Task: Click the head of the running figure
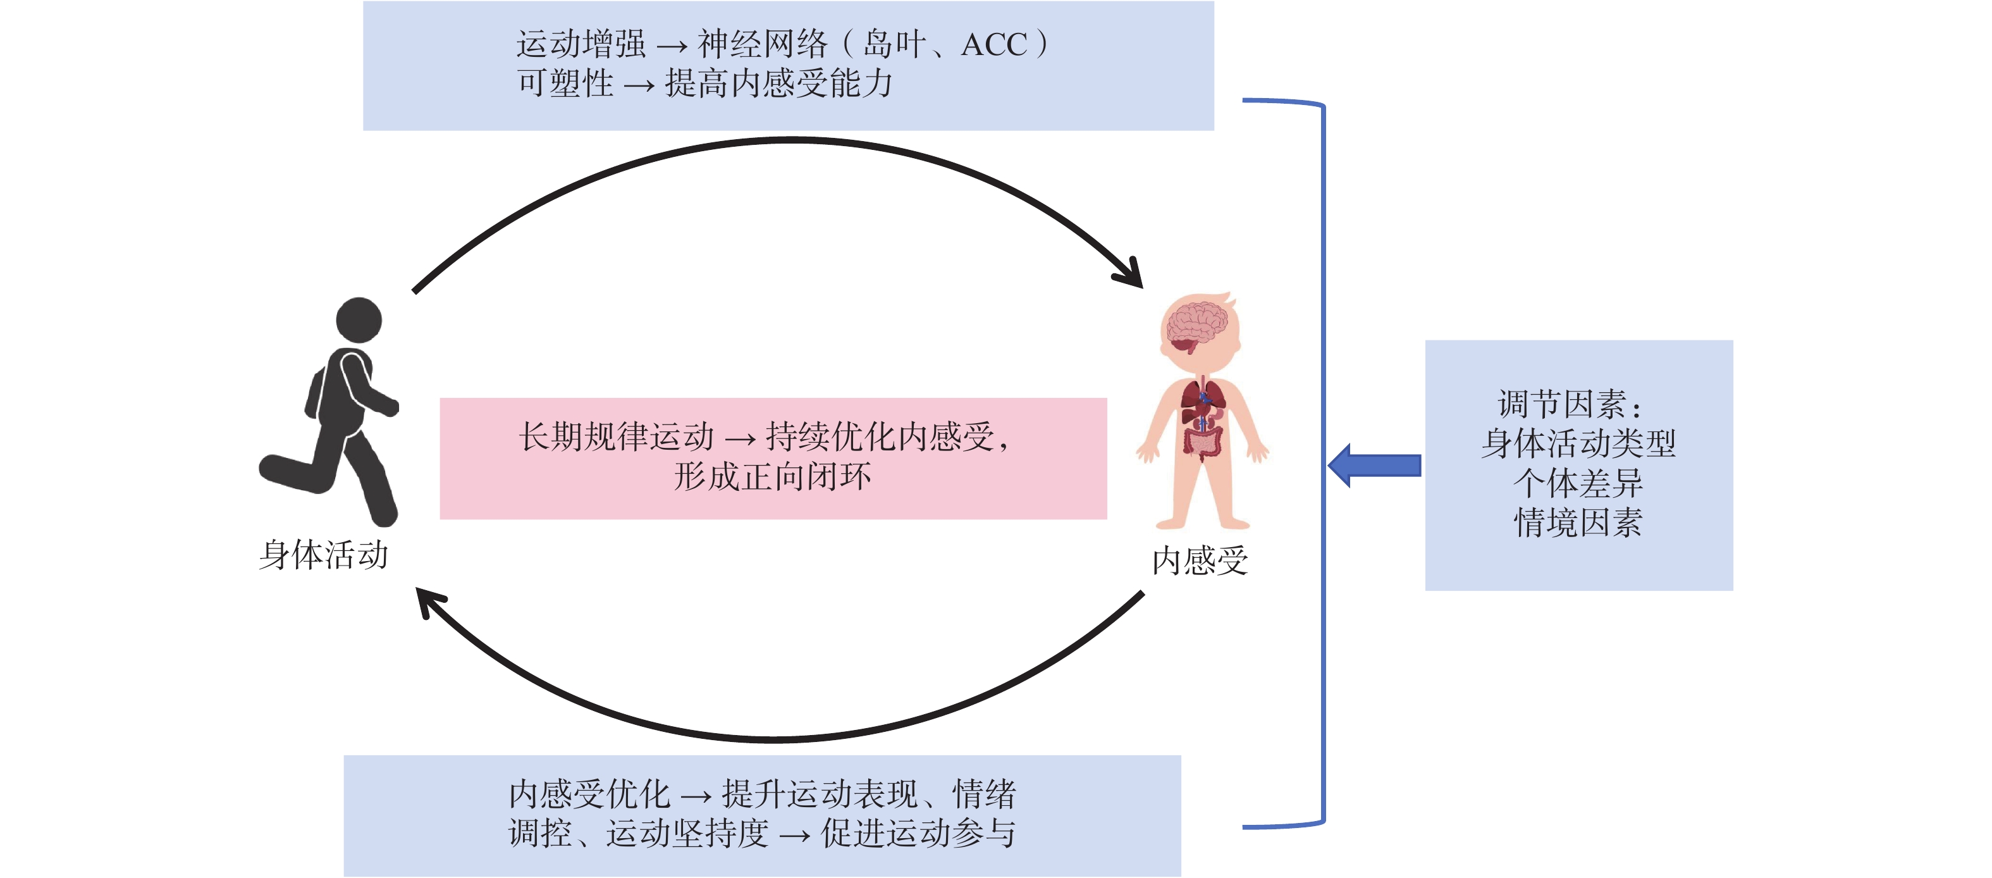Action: point(358,319)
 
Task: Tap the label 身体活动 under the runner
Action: point(323,555)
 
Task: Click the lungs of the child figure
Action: point(1202,397)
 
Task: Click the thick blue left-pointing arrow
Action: point(1374,465)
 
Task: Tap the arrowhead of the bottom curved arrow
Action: point(429,602)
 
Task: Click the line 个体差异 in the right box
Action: point(1578,483)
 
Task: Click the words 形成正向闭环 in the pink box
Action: point(773,476)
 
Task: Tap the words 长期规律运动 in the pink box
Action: point(617,437)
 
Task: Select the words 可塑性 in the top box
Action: point(565,83)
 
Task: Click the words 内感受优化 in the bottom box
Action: point(589,795)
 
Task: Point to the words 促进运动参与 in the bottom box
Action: point(918,834)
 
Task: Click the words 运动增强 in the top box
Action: point(581,44)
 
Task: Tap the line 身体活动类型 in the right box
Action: point(1578,443)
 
